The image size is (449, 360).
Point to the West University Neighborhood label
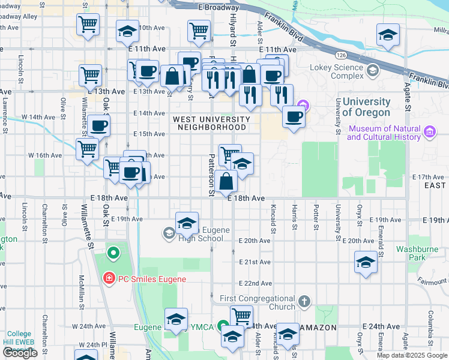click(x=209, y=123)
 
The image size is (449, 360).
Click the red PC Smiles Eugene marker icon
click(x=109, y=278)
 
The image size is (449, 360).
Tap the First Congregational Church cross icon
click(x=304, y=301)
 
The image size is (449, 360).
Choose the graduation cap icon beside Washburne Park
click(x=366, y=263)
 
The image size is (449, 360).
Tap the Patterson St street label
click(x=211, y=175)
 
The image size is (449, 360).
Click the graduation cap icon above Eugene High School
click(x=187, y=223)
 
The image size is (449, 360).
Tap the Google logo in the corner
click(x=19, y=353)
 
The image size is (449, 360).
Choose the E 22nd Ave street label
click(x=255, y=283)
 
